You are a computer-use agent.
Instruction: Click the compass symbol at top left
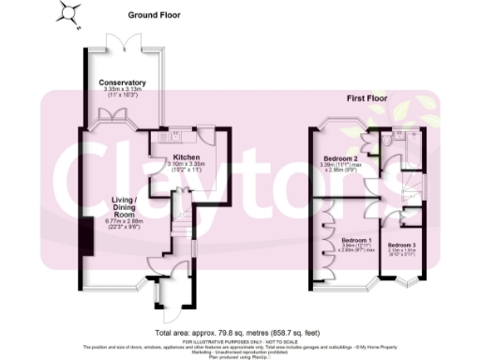[x=67, y=11]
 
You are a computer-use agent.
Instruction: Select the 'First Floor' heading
[x=367, y=97]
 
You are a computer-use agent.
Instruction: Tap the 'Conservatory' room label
[x=123, y=82]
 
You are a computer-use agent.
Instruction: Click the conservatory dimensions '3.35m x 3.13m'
[x=123, y=90]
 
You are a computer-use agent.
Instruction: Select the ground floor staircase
[x=180, y=225]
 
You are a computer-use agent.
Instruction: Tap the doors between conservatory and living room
[x=124, y=116]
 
